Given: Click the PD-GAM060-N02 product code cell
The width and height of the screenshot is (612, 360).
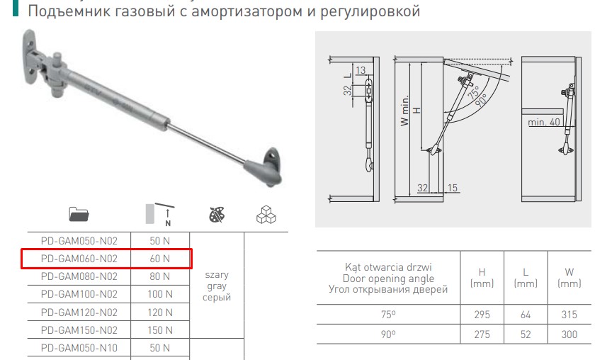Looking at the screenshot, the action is tap(79, 259).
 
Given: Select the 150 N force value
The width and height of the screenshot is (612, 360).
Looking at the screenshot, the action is tap(160, 330).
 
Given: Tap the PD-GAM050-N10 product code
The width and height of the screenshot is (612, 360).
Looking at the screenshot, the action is tap(79, 348).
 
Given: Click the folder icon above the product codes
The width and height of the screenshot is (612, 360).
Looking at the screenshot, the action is tap(79, 214).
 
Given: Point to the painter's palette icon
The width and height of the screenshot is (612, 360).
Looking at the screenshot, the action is tap(217, 215).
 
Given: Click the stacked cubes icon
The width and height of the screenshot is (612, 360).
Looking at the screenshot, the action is tap(266, 214).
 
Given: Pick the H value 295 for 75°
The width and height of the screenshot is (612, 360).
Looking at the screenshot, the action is tap(482, 315).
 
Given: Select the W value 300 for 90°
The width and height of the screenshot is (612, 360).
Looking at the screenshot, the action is tap(569, 334).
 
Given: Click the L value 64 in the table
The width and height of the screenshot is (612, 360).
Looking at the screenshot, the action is tap(526, 315).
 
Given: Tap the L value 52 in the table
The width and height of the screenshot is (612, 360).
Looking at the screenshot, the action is tap(526, 334).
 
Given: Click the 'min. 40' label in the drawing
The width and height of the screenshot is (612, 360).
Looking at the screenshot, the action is tap(544, 122).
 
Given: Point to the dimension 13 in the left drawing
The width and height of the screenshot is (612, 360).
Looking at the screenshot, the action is tap(361, 70).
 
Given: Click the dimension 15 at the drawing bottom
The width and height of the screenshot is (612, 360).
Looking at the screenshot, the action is tap(453, 188).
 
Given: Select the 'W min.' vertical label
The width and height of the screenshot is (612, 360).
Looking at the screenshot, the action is tap(404, 110).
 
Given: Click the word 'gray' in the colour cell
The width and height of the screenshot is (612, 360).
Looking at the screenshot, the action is tap(217, 286).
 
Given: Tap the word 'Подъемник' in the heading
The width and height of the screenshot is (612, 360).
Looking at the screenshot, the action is tap(69, 11).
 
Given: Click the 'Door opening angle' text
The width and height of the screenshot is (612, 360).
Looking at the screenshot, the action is tap(388, 279).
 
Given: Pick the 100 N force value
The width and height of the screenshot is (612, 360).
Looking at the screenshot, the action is tap(160, 294).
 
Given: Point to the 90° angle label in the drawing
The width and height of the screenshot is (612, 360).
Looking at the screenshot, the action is tap(481, 100).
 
